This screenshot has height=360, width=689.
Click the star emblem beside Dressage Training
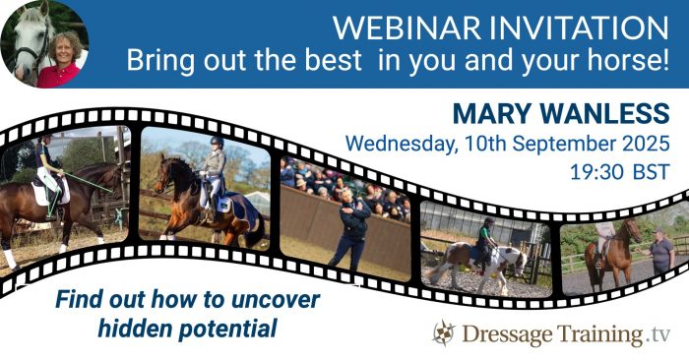coord(445,333)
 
